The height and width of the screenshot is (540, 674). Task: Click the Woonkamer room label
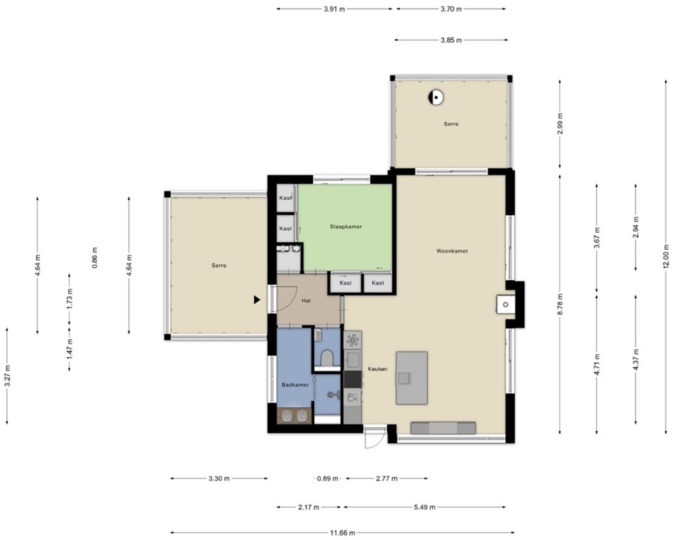(452, 250)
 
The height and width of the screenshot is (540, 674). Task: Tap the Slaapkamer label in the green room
(346, 227)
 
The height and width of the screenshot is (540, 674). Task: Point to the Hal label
(306, 300)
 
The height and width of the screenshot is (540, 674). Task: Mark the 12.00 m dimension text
(666, 257)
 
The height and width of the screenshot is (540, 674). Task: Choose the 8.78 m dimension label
(559, 303)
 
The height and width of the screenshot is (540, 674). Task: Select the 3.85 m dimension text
(451, 40)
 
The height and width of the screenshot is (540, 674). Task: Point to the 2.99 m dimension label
(559, 123)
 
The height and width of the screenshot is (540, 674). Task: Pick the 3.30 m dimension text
(219, 479)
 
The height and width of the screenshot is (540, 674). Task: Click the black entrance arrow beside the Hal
(257, 300)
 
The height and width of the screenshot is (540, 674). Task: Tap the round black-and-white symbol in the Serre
(436, 98)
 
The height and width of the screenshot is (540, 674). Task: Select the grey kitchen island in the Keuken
(411, 378)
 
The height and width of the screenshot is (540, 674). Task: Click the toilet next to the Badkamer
(326, 359)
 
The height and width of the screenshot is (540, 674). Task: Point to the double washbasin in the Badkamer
(293, 416)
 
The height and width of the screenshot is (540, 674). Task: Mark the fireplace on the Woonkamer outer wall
(505, 304)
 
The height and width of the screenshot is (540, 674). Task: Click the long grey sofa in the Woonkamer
(443, 427)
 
